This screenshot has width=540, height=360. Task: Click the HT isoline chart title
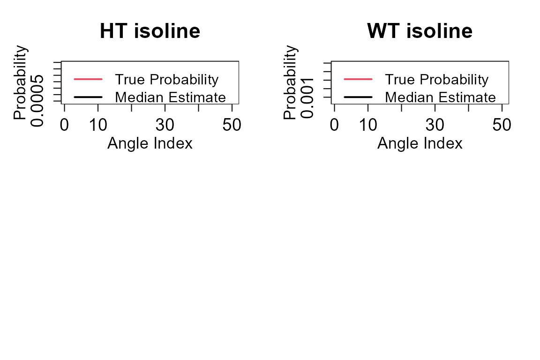(150, 31)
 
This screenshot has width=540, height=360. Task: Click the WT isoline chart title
(420, 31)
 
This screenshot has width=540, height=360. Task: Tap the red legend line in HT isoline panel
(88, 79)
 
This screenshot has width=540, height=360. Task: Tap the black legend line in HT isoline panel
(88, 97)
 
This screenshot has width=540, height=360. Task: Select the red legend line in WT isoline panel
(358, 79)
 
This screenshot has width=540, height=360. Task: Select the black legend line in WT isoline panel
(358, 97)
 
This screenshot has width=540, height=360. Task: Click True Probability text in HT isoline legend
(167, 80)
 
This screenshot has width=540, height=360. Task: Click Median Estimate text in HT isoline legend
(171, 97)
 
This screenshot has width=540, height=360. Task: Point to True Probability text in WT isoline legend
(437, 80)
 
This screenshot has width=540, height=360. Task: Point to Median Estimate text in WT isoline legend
(441, 97)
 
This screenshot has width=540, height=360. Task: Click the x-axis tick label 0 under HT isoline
(64, 125)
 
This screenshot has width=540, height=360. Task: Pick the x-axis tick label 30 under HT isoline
(165, 125)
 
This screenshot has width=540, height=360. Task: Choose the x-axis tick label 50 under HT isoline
(232, 125)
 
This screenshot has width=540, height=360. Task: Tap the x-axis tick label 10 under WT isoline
(368, 125)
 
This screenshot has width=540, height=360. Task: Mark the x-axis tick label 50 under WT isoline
(502, 125)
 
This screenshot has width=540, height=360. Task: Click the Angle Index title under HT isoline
(150, 143)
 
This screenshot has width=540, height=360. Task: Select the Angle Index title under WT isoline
(420, 143)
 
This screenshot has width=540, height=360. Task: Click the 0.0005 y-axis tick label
(37, 101)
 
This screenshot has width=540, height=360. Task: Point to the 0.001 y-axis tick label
(307, 98)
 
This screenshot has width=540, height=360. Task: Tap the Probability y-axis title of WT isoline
(290, 82)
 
